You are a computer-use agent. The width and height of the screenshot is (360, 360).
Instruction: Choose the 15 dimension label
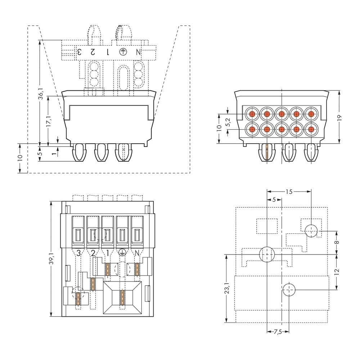(x=289, y=192)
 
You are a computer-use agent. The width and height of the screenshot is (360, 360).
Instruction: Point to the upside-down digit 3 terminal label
(x=79, y=52)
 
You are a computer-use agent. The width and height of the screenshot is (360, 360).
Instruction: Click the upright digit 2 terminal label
(x=93, y=253)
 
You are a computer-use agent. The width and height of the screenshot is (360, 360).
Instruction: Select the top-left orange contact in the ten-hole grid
(x=252, y=114)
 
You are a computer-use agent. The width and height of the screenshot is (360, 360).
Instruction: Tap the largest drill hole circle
(x=266, y=254)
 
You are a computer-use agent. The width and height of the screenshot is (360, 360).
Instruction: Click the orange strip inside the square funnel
(x=122, y=297)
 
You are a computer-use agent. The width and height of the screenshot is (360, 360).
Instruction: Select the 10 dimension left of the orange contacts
(x=220, y=129)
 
